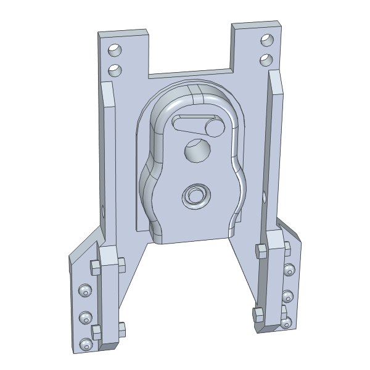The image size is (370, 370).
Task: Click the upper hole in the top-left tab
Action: [x=114, y=49]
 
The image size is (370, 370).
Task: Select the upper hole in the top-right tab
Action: [x=267, y=41]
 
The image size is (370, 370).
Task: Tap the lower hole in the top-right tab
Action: [x=266, y=60]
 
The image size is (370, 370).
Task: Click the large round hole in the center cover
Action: [x=197, y=150]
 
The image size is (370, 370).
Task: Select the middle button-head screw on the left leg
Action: [x=85, y=318]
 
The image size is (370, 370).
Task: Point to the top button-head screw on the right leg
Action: [x=289, y=270]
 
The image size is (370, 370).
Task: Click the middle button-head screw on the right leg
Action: [x=287, y=297]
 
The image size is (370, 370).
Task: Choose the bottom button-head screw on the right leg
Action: [x=286, y=322]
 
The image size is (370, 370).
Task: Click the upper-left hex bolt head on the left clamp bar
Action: [x=95, y=267]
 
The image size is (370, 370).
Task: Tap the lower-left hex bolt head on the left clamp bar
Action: [x=97, y=331]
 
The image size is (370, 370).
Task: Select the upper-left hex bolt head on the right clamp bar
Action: [x=260, y=250]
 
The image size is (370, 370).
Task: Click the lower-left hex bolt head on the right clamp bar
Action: [x=257, y=315]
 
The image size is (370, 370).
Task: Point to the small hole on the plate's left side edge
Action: [x=103, y=212]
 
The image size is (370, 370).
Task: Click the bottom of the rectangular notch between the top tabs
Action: [x=189, y=73]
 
